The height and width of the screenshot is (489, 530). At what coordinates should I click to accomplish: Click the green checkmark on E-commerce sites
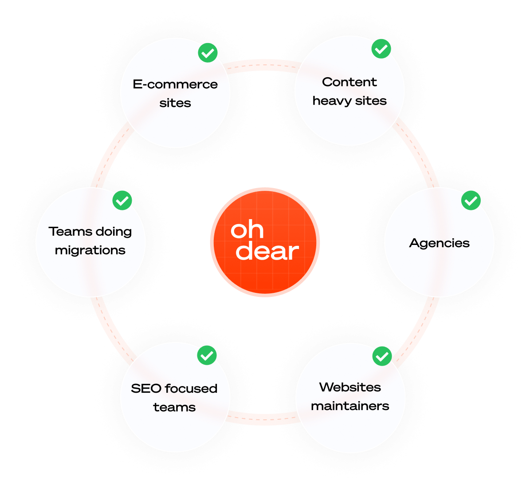[x=207, y=53]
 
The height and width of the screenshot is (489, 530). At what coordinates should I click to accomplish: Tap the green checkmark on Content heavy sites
[x=381, y=49]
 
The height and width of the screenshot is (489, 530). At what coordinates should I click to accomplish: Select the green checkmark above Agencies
[x=471, y=201]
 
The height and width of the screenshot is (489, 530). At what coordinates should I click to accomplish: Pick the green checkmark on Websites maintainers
[x=381, y=356]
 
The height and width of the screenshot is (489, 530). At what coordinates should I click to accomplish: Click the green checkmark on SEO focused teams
[x=207, y=355]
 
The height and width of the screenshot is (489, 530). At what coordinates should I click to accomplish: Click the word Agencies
[x=439, y=243]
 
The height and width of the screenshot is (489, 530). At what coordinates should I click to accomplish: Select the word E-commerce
[x=175, y=84]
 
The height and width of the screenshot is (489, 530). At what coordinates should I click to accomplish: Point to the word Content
[x=349, y=82]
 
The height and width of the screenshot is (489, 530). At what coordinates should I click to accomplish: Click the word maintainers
[x=350, y=406]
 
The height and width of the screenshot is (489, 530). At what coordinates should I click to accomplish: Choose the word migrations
[x=90, y=250]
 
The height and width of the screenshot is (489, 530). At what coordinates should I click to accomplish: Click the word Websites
[x=350, y=387]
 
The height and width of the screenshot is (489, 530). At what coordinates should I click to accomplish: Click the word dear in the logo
[x=267, y=252]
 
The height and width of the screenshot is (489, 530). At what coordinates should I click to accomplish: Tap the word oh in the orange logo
[x=247, y=230]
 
